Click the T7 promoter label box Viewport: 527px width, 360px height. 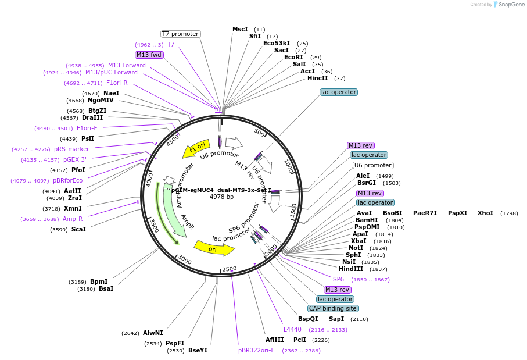pos(180,34)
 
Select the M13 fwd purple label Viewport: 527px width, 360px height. pos(149,55)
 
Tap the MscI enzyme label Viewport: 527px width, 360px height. pos(240,29)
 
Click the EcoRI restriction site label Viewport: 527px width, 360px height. pos(293,57)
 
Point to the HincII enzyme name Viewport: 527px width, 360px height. pos(317,78)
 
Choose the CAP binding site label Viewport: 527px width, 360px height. pos(333,308)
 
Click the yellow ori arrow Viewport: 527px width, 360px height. pos(214,248)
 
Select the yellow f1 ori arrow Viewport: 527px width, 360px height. pos(196,149)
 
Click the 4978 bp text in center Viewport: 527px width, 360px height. pos(221,197)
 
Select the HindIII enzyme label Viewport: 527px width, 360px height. pos(351,269)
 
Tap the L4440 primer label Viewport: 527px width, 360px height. pos(293,329)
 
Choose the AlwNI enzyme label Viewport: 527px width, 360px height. pos(153,333)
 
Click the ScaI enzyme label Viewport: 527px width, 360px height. pos(78,229)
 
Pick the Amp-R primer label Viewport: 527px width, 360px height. pos(73,219)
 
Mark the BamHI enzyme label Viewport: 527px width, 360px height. pos(367,220)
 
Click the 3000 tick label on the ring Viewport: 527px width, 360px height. pos(184,259)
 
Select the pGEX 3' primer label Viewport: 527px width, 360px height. pos(75,159)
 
